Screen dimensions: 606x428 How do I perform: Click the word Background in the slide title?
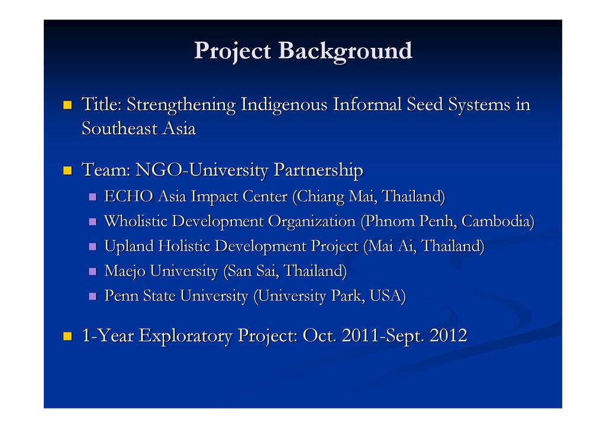(345, 51)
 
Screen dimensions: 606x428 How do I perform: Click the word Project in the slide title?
(232, 51)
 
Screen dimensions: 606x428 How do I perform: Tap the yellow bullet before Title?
(67, 105)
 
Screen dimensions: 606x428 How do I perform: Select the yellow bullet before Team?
(67, 171)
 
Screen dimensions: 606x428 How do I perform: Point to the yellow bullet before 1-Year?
(67, 336)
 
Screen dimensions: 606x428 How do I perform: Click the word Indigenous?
(284, 105)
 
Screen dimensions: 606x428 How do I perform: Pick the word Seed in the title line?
(424, 105)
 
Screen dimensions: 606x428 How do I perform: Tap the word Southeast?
(120, 128)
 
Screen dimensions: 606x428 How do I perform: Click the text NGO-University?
(202, 170)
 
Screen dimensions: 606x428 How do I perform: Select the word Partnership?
(318, 171)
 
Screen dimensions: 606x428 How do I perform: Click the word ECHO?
(128, 196)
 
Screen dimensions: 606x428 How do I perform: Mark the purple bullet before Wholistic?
(92, 222)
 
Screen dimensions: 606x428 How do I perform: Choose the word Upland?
(129, 247)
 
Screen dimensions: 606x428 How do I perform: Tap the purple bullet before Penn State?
(92, 296)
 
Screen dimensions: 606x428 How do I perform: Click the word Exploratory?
(185, 336)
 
